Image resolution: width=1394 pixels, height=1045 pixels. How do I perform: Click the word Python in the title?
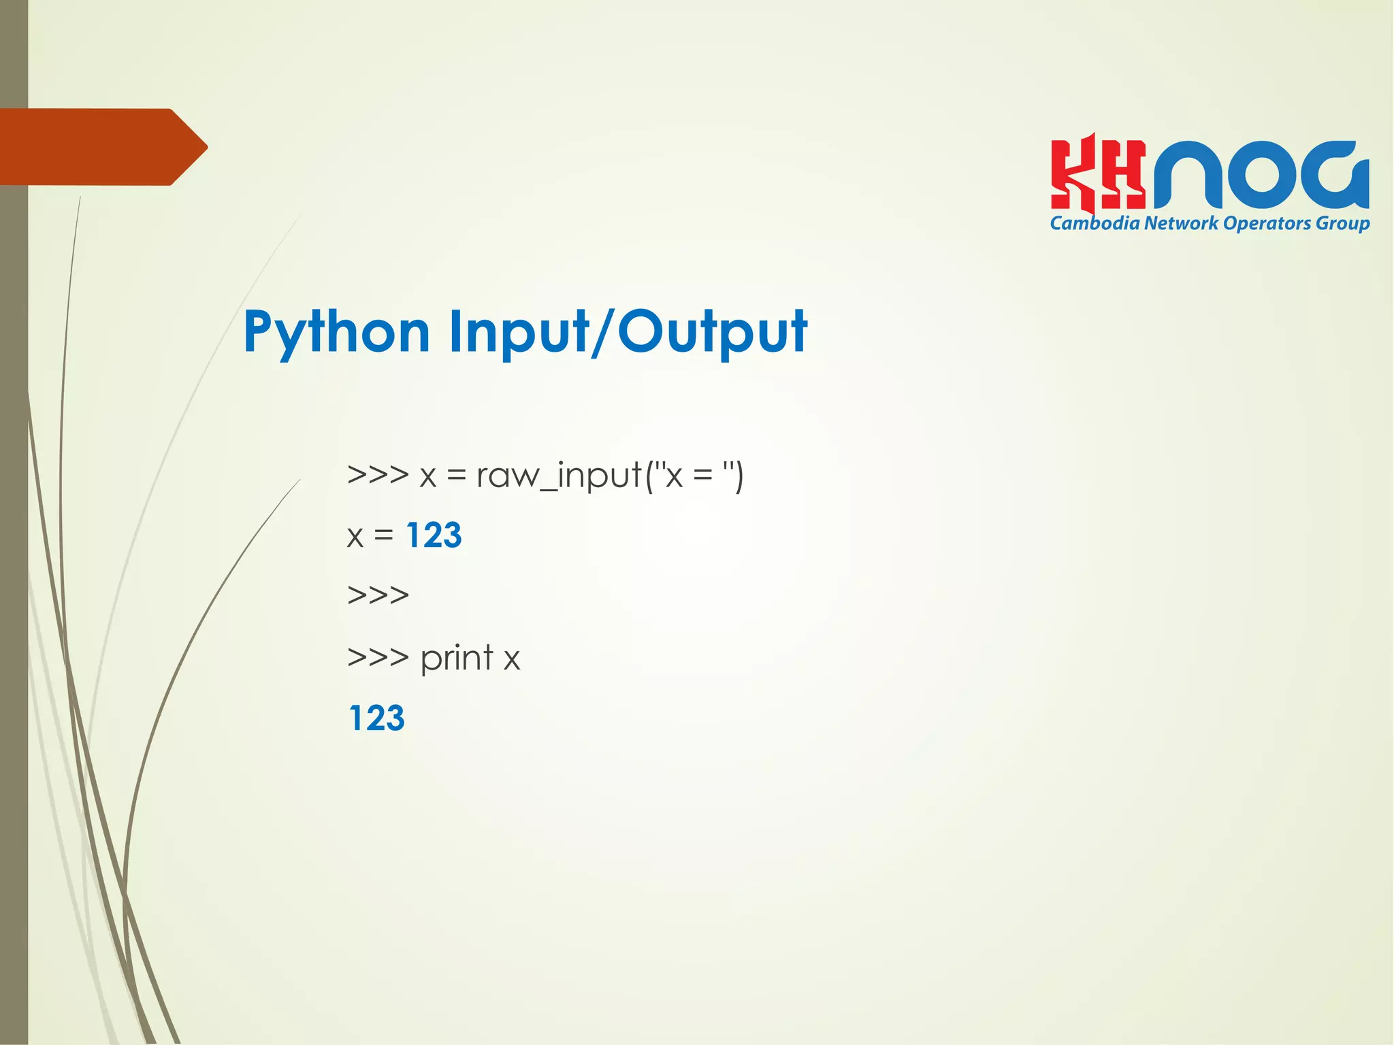coord(336,333)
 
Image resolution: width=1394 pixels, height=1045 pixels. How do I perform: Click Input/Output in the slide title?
coord(628,333)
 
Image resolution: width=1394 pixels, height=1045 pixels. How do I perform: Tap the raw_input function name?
coord(559,476)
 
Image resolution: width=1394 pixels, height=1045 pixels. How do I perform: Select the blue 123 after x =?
coord(434,535)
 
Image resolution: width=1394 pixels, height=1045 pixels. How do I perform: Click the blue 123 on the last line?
coord(376,718)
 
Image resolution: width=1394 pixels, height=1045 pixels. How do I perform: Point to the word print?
coord(457,659)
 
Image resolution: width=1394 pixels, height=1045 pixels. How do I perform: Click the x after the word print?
coord(512,660)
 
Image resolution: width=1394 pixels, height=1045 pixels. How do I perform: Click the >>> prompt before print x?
coord(378,657)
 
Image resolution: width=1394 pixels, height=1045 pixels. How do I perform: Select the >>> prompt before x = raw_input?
coord(378,474)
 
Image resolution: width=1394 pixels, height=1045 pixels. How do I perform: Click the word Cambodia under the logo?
coord(1095,223)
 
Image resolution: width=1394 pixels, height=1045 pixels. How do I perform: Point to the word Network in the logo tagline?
coord(1181,223)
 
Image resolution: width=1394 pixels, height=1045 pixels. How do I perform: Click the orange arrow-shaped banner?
coord(102,147)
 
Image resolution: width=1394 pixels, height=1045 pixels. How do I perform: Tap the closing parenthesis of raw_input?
coord(739,476)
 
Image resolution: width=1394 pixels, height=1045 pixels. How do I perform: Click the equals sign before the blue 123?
coord(384,536)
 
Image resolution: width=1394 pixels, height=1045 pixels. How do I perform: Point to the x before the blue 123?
coord(355,537)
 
